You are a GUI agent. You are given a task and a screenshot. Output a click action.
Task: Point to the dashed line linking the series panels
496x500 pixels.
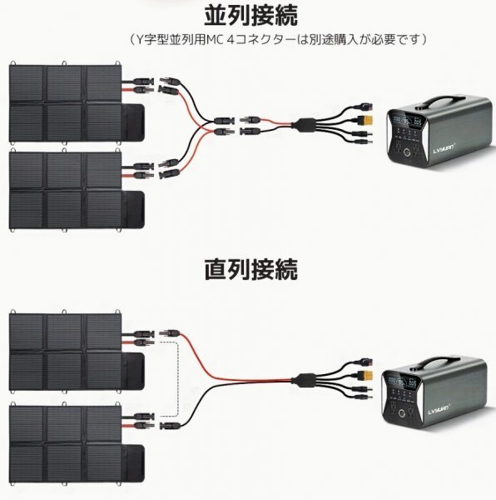click(x=177, y=375)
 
